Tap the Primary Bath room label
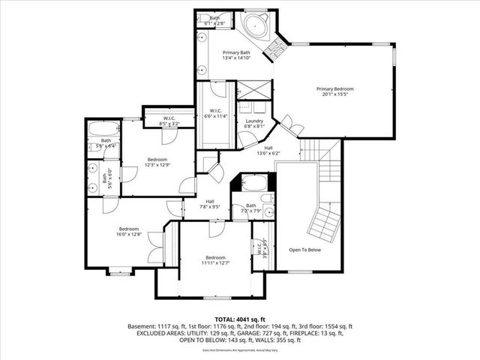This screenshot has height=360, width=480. [x=235, y=55]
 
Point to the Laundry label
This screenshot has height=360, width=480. [x=254, y=124]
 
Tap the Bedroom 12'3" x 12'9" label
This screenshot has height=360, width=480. [x=157, y=162]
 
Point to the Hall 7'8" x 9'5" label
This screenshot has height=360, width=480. [x=211, y=203]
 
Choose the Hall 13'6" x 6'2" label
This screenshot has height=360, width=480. [x=268, y=151]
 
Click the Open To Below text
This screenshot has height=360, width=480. [x=304, y=250]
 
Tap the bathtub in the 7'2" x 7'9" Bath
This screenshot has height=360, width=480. [x=250, y=184]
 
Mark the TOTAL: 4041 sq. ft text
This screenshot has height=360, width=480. [x=240, y=319]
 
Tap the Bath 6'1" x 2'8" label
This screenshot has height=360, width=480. [x=215, y=20]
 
